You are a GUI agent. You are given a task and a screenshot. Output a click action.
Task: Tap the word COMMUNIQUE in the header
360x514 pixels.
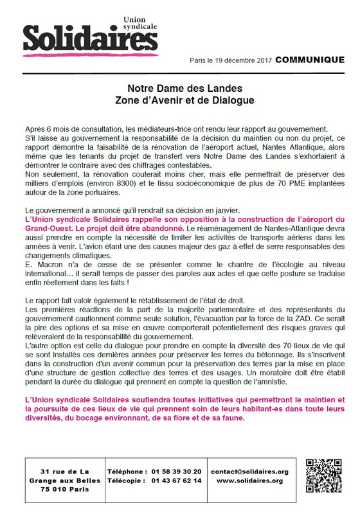pyautogui.click(x=310, y=60)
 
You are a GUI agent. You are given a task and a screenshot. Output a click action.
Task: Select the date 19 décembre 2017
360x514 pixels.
pyautogui.click(x=242, y=60)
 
